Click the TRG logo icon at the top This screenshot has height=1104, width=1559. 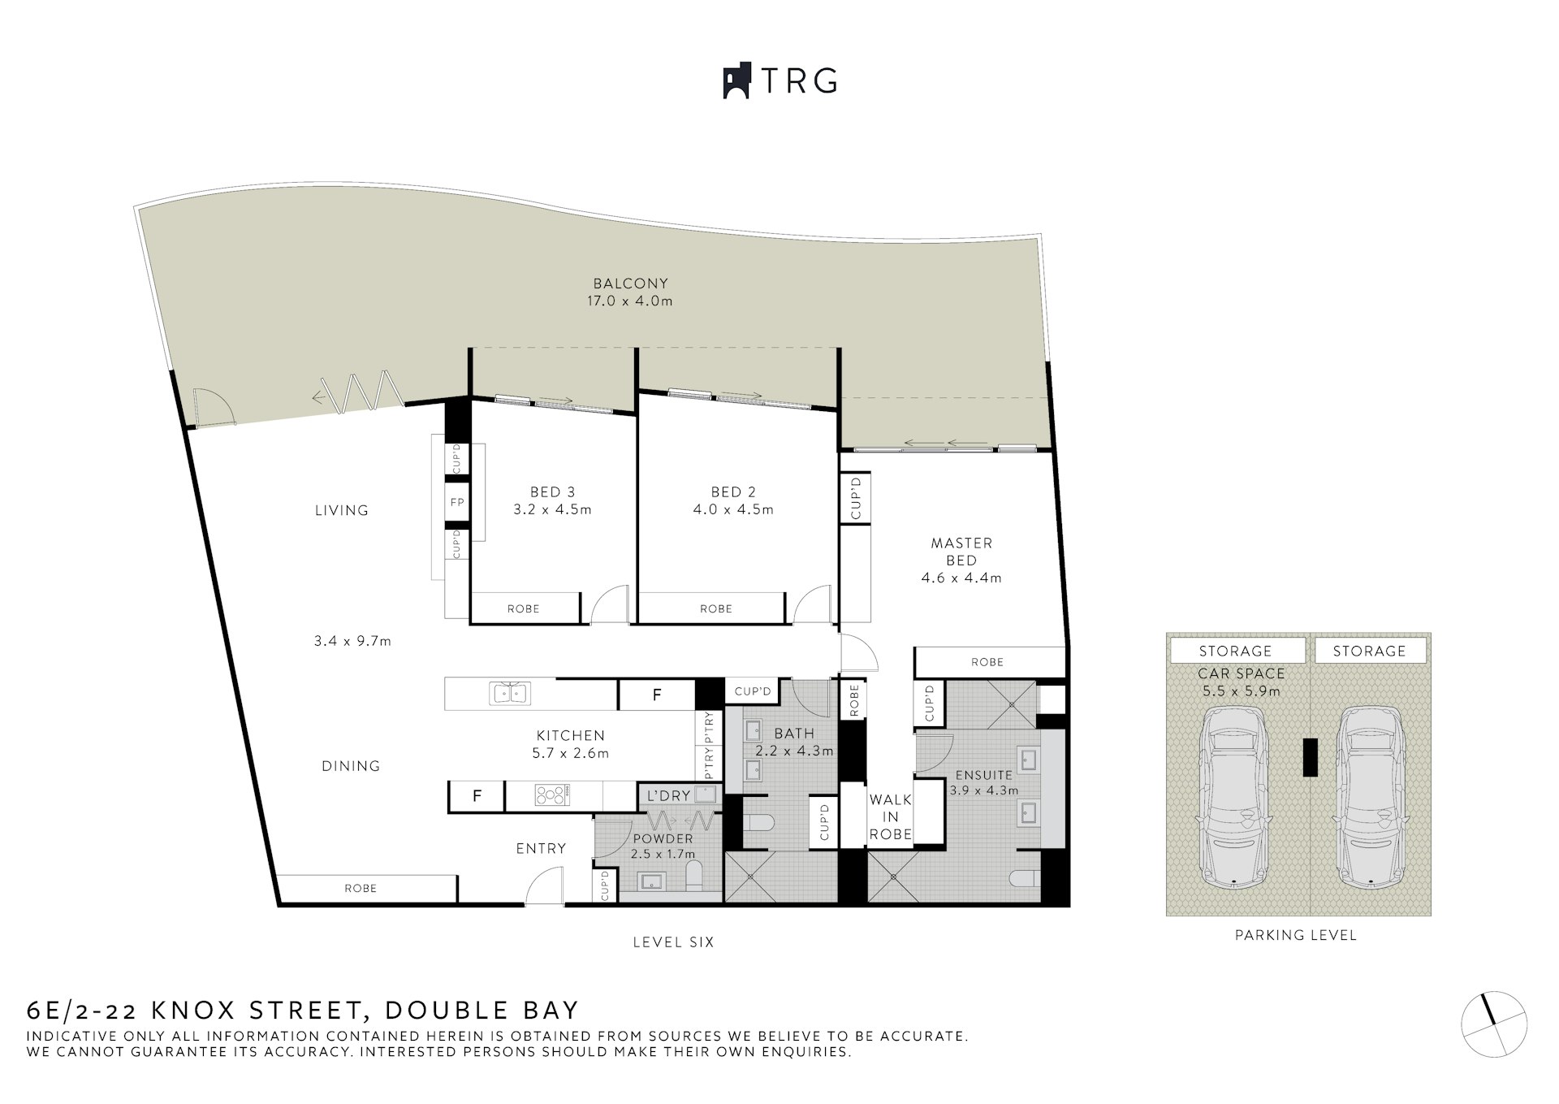click(x=736, y=81)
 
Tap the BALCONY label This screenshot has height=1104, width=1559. click(x=630, y=284)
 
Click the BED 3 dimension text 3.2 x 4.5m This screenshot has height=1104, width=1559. click(x=552, y=510)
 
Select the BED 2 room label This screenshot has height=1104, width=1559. click(x=732, y=491)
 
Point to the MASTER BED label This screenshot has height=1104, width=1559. click(x=961, y=551)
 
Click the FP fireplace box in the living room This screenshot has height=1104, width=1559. click(x=457, y=503)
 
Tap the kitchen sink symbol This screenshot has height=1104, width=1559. click(x=509, y=694)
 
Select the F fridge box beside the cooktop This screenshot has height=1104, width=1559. click(x=477, y=796)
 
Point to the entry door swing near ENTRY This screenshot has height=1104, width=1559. click(x=544, y=886)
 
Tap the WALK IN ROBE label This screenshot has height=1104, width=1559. click(x=891, y=816)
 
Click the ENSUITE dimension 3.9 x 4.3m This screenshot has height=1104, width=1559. click(x=984, y=790)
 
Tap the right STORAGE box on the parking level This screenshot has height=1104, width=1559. click(x=1369, y=651)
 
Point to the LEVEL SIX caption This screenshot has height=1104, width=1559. click(x=673, y=942)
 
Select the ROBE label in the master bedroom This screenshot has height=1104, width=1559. click(x=987, y=662)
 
